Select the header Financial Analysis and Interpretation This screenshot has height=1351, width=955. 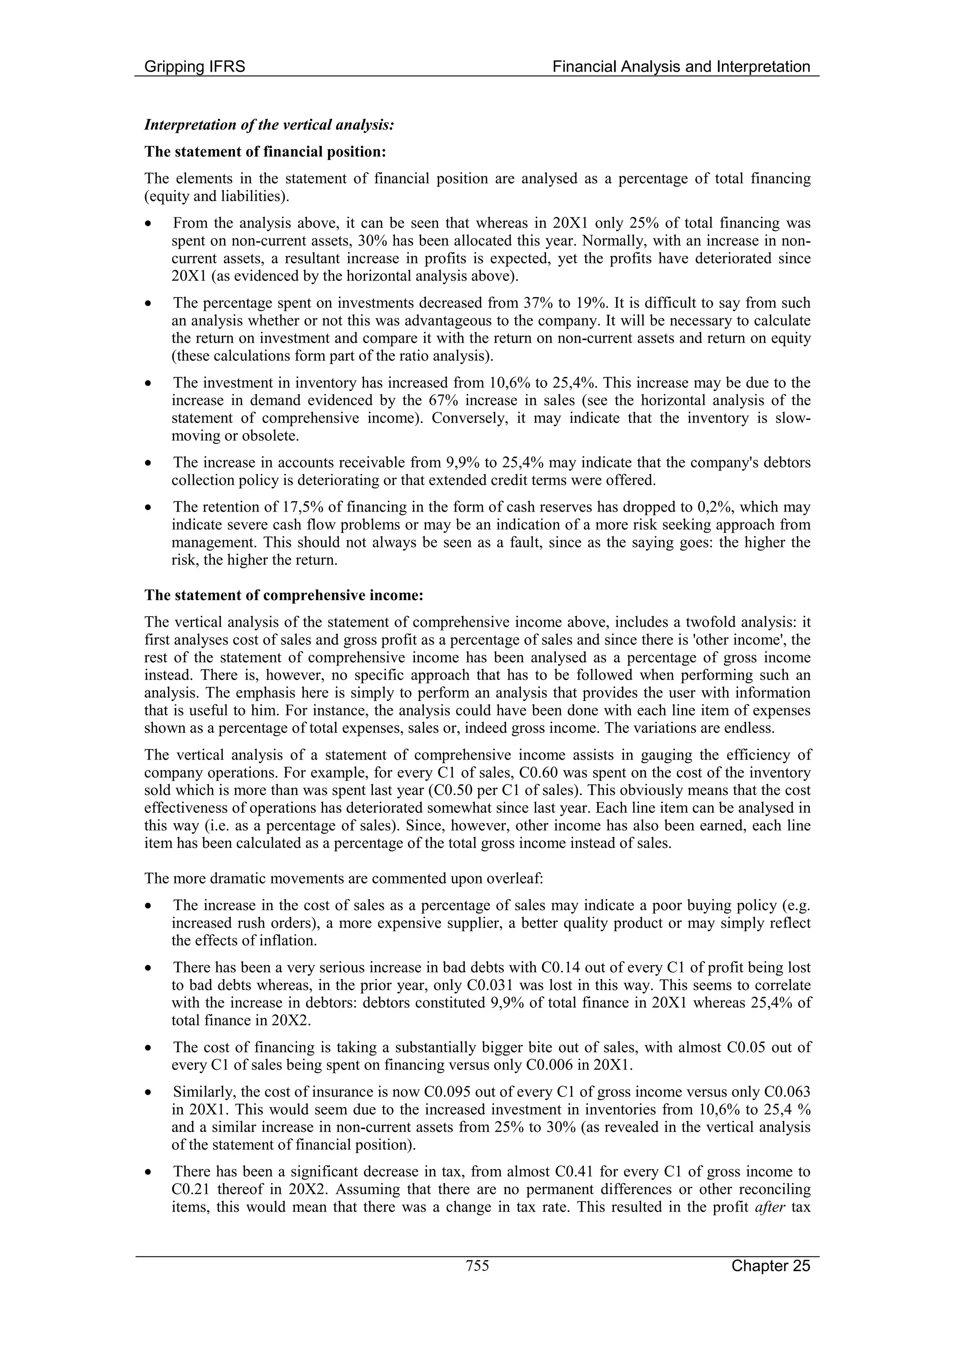[x=681, y=67]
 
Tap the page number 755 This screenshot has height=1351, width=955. [x=477, y=1266]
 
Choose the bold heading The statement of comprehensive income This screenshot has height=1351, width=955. [x=284, y=595]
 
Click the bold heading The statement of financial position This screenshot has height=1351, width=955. [x=265, y=152]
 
